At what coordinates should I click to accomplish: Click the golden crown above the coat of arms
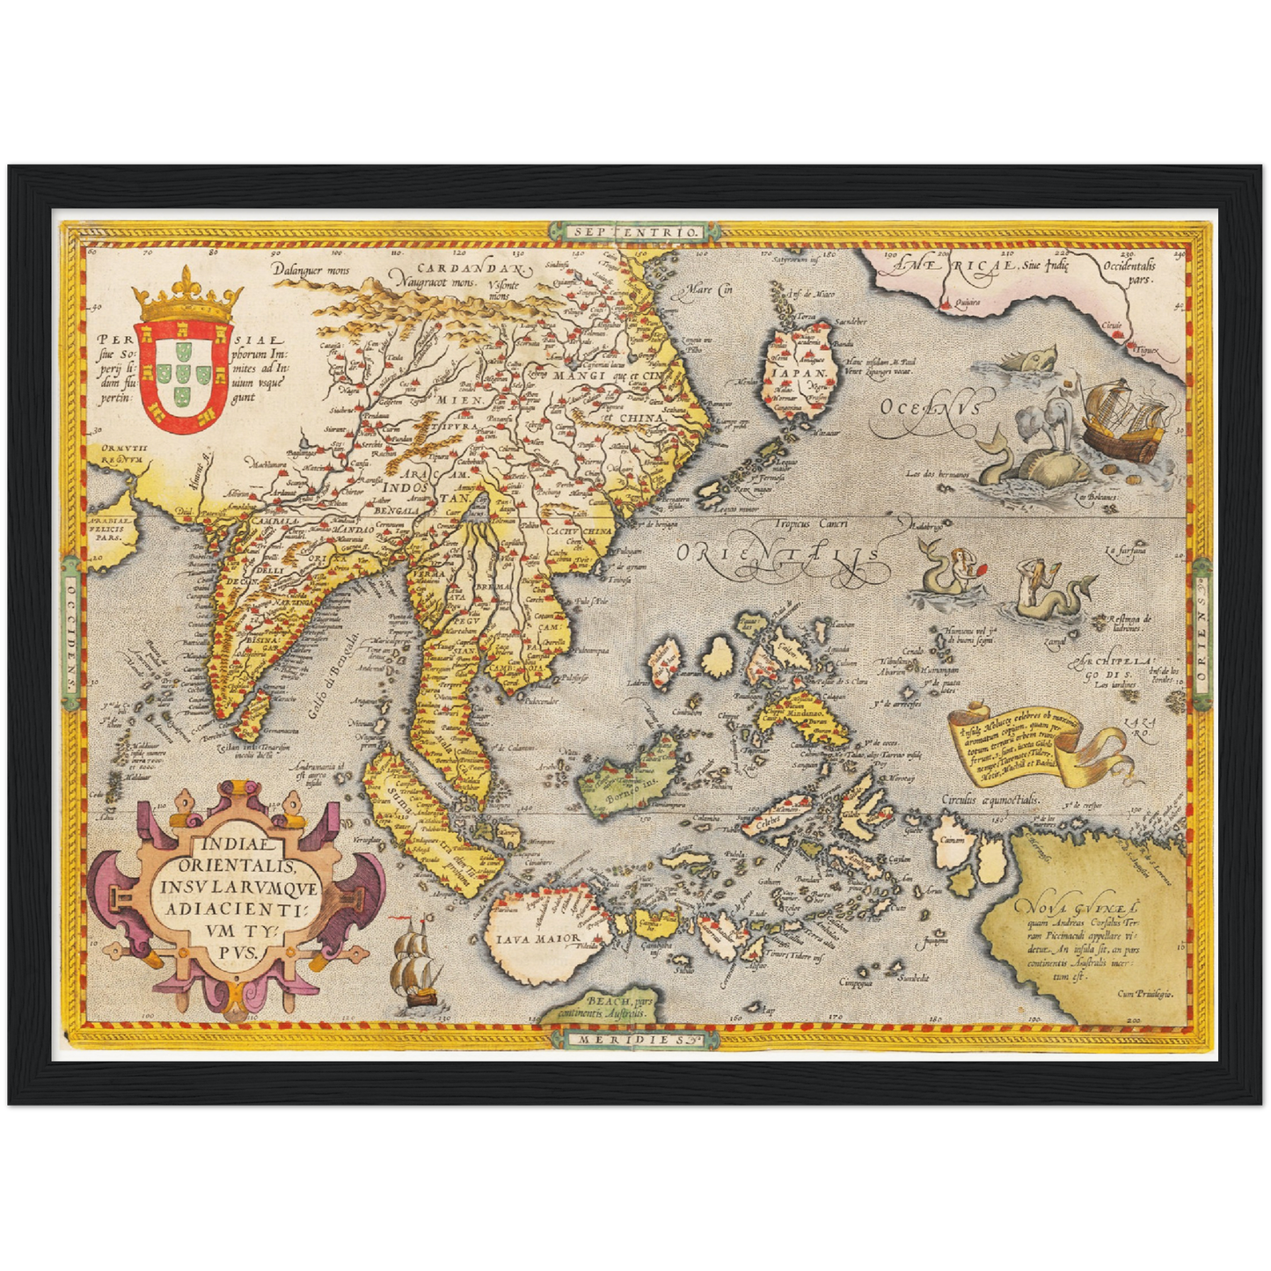[186, 299]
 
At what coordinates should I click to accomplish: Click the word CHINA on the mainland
[641, 419]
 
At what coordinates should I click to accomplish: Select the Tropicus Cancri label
[810, 523]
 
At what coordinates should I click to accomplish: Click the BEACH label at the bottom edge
[609, 1002]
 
